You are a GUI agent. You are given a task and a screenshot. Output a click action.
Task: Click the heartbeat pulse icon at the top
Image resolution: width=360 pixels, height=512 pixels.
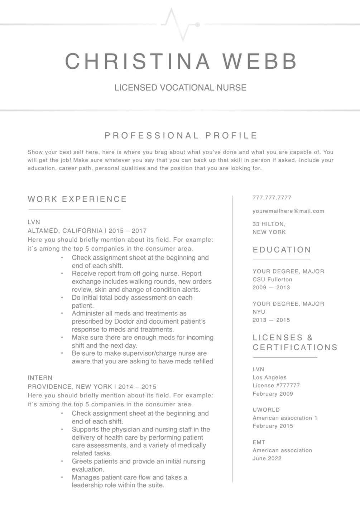[x=180, y=24]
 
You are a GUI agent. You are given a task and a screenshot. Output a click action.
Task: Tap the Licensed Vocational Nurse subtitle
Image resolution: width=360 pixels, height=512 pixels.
[x=180, y=88]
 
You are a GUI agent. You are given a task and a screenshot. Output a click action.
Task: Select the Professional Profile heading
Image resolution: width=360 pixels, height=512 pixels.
[x=181, y=135]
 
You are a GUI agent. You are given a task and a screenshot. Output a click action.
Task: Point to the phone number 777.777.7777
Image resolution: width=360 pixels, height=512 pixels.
[x=272, y=198]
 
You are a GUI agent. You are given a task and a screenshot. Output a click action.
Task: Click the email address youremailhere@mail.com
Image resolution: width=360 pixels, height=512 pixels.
[x=288, y=211]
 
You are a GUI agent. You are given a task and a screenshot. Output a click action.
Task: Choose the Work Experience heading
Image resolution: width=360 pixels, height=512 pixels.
[x=77, y=199]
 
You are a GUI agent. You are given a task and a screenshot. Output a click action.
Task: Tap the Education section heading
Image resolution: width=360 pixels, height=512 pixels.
[x=282, y=250]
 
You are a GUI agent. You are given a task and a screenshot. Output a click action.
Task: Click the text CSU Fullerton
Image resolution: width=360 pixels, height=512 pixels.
[x=272, y=279]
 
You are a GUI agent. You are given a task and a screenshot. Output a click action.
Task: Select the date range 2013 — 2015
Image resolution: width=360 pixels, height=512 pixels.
[x=271, y=320]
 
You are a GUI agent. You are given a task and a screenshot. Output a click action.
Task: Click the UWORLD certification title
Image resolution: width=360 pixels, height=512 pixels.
[x=266, y=410]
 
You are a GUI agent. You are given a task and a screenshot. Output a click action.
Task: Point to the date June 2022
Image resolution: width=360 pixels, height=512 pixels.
[x=267, y=458]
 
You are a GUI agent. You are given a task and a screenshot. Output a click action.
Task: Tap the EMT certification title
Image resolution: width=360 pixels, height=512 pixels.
[x=259, y=442]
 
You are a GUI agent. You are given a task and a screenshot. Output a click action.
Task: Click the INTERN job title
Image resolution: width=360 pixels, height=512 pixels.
[x=40, y=378]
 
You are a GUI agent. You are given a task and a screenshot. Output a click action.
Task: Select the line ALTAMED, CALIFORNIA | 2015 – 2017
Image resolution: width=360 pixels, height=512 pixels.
[x=87, y=231]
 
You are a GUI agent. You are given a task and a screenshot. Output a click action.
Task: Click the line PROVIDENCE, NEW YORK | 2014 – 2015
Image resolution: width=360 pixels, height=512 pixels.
[x=92, y=387]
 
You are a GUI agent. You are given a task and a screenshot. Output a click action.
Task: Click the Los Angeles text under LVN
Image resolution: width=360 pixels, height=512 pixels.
[x=269, y=377]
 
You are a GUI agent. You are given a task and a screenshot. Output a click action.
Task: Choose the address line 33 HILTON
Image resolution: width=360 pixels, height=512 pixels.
[x=269, y=224]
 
